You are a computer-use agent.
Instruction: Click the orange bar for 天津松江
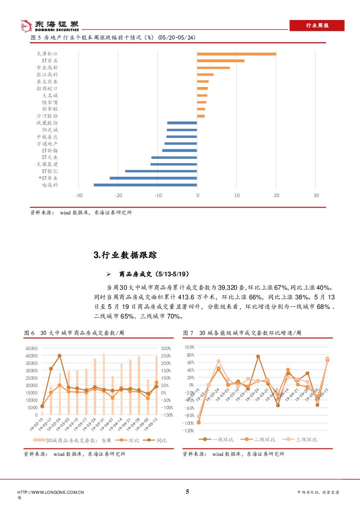(236, 54)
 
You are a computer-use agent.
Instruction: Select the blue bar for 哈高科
(145, 185)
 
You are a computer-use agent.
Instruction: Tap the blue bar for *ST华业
(153, 178)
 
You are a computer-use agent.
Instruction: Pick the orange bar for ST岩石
(221, 61)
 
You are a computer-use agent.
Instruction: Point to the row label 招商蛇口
(47, 88)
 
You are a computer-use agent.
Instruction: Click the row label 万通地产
(47, 143)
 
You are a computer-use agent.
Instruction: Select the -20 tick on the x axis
(118, 195)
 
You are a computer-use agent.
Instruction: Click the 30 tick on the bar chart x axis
(316, 195)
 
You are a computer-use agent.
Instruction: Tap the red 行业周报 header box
(317, 26)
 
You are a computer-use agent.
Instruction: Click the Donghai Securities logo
(50, 26)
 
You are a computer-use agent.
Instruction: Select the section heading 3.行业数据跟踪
(125, 255)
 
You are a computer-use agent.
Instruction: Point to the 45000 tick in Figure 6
(32, 348)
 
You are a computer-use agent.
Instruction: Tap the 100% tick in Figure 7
(189, 347)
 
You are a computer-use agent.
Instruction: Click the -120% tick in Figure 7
(188, 431)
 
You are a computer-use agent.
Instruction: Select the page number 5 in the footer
(188, 492)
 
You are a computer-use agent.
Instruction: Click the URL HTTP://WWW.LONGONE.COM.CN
(50, 492)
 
